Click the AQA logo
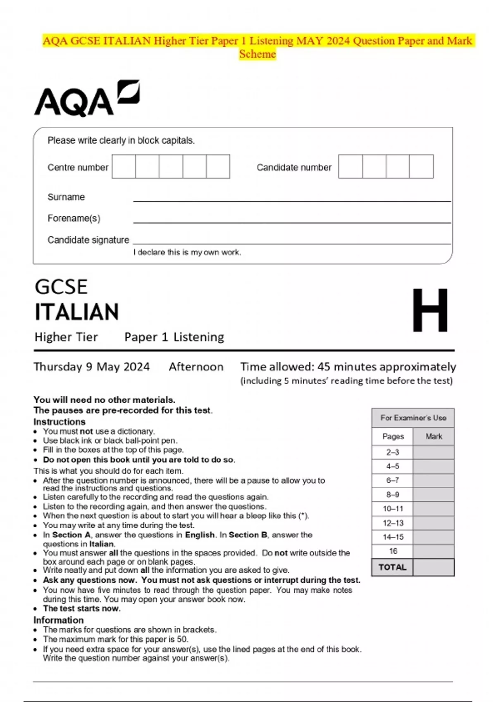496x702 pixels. [x=87, y=98]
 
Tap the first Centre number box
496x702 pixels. [x=124, y=166]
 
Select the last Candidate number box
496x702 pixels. [x=421, y=166]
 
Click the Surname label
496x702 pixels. [x=66, y=197]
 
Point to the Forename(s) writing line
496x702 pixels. [x=291, y=222]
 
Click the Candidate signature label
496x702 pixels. [x=88, y=240]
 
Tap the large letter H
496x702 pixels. [x=430, y=310]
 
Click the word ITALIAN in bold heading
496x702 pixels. [x=77, y=312]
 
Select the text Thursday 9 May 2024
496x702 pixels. [x=91, y=367]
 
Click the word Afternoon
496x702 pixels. [x=196, y=367]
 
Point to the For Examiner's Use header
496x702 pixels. [x=413, y=418]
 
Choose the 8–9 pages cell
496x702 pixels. [x=392, y=494]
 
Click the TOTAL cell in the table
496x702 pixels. [x=392, y=567]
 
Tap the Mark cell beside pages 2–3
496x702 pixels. [x=433, y=452]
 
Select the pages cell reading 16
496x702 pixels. [x=393, y=551]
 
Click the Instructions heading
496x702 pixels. [x=60, y=422]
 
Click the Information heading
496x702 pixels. [x=59, y=620]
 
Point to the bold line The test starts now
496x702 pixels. [x=82, y=608]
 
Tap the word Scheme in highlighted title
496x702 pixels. [x=257, y=54]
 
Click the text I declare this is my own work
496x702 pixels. [x=187, y=252]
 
